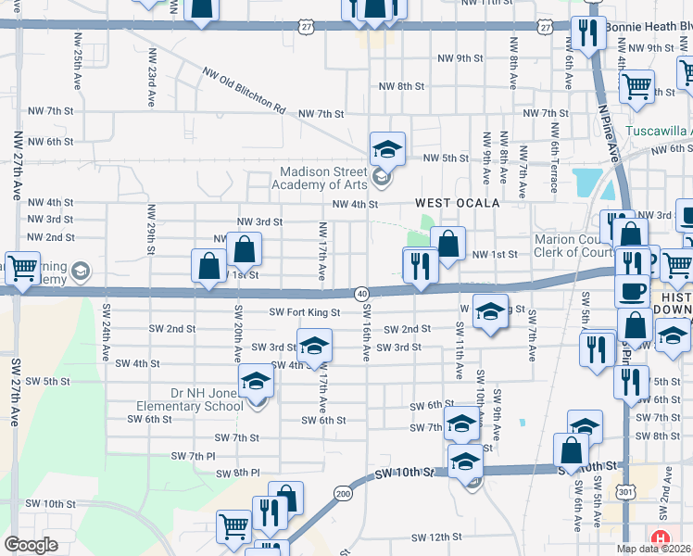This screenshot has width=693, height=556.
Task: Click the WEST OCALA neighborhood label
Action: (457, 203)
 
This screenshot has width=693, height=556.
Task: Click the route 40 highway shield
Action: (361, 293)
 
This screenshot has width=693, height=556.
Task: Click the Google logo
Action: (31, 544)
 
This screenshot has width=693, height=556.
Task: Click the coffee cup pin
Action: (633, 291)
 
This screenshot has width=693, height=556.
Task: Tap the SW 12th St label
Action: (436, 537)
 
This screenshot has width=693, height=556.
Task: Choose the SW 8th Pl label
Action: (237, 474)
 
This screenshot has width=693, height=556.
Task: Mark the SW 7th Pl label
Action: (193, 456)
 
